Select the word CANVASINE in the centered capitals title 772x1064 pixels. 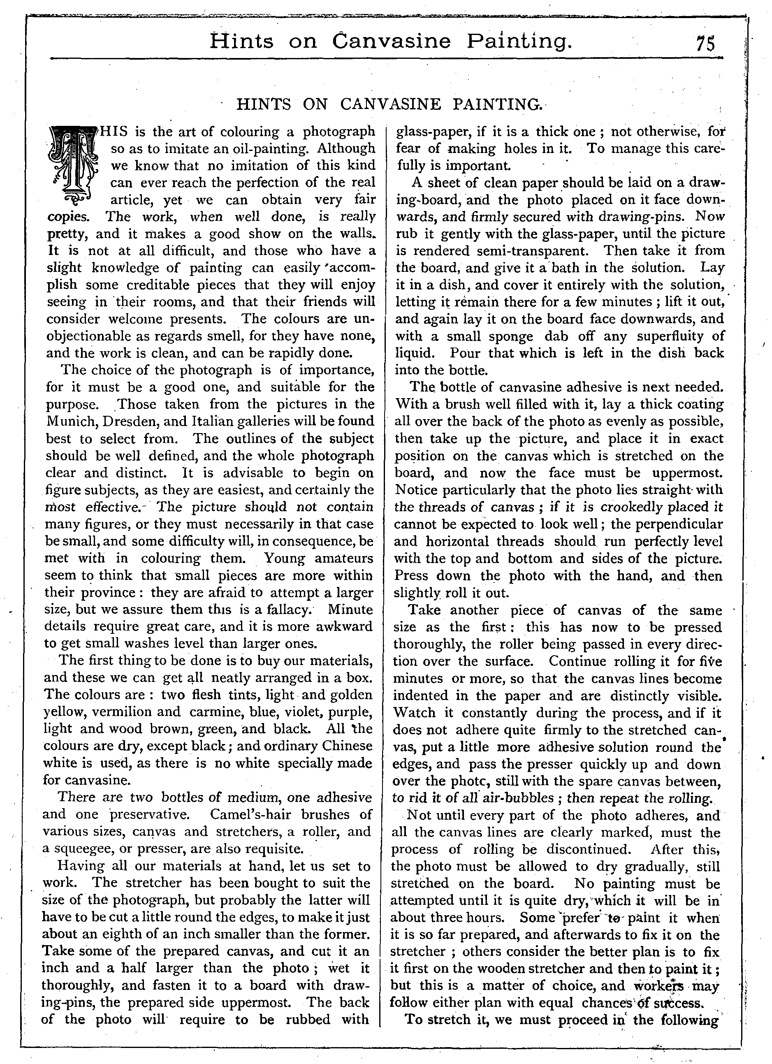tap(390, 104)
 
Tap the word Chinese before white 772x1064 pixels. tap(345, 746)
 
